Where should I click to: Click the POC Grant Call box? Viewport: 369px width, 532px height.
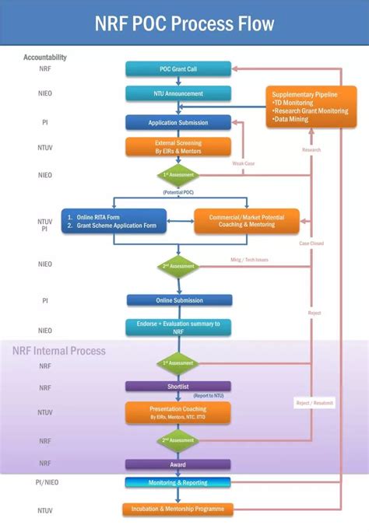[x=178, y=68]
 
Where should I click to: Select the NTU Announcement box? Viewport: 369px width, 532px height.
[x=178, y=94]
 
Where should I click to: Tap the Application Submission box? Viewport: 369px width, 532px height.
[x=178, y=123]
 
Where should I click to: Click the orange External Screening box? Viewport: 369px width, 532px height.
[x=178, y=147]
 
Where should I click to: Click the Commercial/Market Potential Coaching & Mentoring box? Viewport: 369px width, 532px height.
[x=246, y=222]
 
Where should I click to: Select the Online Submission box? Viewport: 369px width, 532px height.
[x=178, y=300]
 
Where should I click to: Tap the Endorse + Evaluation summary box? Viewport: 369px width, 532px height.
[x=178, y=327]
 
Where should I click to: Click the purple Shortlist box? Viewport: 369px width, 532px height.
[x=178, y=387]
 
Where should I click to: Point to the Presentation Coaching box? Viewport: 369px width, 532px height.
[x=178, y=412]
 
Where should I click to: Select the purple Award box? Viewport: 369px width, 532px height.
[x=178, y=464]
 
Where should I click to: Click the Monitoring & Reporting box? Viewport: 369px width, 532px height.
[x=178, y=483]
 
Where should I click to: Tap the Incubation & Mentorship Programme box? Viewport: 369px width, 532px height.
[x=178, y=509]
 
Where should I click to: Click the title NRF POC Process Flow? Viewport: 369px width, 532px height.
[x=184, y=24]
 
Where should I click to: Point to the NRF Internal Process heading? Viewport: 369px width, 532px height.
[x=59, y=351]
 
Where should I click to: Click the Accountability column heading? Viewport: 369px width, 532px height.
[x=45, y=57]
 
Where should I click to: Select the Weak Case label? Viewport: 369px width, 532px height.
[x=244, y=163]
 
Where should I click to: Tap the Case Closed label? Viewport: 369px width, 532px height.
[x=311, y=243]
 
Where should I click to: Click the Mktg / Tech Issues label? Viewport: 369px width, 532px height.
[x=249, y=260]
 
